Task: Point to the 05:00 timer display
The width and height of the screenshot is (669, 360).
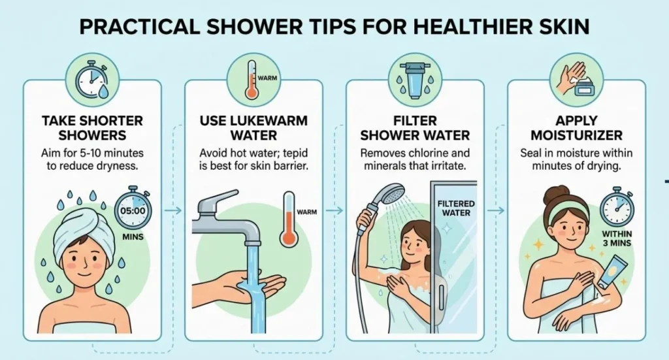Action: [x=133, y=212]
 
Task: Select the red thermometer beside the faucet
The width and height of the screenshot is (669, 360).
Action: [x=288, y=220]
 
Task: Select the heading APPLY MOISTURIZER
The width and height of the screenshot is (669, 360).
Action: [x=576, y=128]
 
